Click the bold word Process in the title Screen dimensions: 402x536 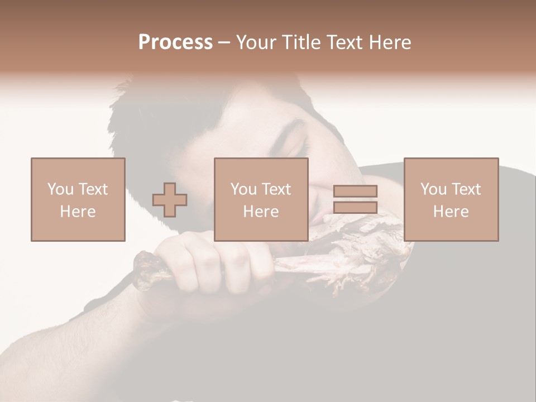point(175,42)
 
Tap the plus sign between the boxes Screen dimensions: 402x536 point(170,199)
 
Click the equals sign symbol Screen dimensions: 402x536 point(355,199)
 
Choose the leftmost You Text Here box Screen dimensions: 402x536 point(78,199)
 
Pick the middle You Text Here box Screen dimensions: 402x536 point(261,199)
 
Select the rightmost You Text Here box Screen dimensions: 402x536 point(451,199)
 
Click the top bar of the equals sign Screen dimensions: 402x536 point(355,191)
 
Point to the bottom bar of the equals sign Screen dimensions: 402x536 point(355,208)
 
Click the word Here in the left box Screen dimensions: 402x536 point(78,211)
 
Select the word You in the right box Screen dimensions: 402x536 point(433,189)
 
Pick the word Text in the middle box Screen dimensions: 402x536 point(276,189)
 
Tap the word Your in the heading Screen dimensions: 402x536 point(256,42)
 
